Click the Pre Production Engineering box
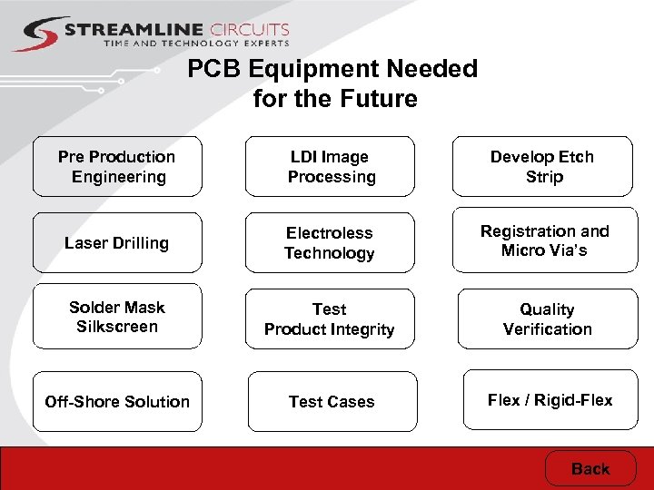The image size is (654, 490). point(117,167)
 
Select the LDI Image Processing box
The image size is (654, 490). point(331,167)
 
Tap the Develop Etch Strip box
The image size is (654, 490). point(543,167)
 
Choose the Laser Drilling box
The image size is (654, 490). point(117,243)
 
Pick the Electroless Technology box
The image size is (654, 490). point(330,243)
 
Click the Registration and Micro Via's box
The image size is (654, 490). point(544,241)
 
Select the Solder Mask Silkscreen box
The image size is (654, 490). point(117,318)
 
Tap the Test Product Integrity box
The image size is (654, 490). point(330,319)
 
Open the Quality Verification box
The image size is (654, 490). point(547,319)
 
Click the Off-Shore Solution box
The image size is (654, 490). point(117,401)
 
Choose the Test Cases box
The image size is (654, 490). point(332,401)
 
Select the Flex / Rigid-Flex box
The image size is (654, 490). point(550,399)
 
